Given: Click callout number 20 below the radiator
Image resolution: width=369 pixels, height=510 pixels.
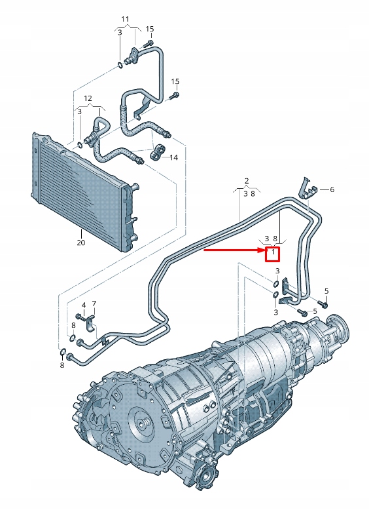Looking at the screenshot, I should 80,243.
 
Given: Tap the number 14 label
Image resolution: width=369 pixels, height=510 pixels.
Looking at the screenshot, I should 174,157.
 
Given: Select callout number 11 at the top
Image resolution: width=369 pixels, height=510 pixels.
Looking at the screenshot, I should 126,18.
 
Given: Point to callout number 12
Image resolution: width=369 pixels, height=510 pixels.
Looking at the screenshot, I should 88,98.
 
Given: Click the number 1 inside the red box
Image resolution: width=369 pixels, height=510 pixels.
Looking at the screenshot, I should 273,252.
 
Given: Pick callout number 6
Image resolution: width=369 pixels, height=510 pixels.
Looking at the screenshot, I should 331,189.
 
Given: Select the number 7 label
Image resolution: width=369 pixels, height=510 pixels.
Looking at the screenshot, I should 94,304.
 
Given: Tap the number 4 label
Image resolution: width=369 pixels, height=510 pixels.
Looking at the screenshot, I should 84,305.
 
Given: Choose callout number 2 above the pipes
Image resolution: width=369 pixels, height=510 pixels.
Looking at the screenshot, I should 247,180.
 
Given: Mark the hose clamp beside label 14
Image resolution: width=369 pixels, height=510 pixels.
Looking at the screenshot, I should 157,155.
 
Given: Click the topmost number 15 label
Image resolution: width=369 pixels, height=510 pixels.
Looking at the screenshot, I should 149,29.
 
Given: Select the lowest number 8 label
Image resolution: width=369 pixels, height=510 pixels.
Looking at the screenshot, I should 62,364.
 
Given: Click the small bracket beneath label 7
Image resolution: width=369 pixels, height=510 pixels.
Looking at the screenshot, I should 92,322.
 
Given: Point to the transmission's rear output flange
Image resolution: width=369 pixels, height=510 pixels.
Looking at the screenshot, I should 338,325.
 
